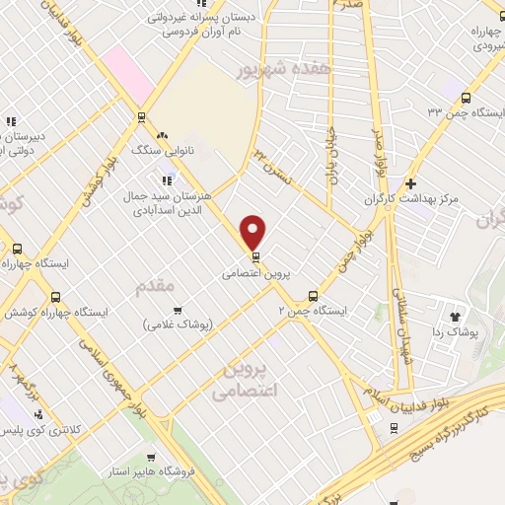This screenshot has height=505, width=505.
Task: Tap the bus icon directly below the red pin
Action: [256, 256]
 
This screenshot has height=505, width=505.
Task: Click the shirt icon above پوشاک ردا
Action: [455, 317]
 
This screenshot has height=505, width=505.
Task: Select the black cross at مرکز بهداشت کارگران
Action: [410, 183]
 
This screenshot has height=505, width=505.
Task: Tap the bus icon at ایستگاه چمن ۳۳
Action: [466, 97]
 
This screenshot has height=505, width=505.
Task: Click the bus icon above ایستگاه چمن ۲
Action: [313, 294]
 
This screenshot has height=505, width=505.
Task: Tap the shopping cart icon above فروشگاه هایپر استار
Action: [150, 457]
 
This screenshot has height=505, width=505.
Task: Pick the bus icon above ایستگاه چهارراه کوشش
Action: [55, 295]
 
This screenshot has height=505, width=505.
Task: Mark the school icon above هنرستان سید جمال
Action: [168, 178]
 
